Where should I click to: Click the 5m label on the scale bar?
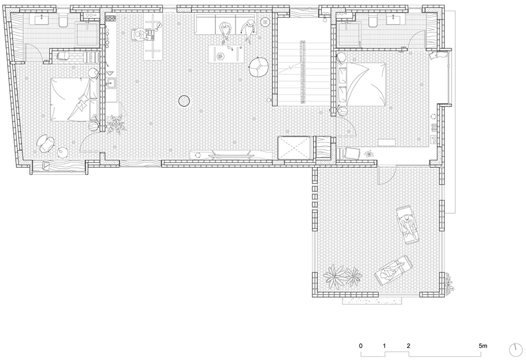[483, 346]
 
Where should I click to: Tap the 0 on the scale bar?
[361, 346]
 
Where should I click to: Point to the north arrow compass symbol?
[516, 350]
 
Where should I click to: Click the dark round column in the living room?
[184, 100]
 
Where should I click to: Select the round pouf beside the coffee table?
[258, 67]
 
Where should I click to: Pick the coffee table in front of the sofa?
[225, 54]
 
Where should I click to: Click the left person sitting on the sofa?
[225, 31]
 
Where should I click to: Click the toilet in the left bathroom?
[62, 22]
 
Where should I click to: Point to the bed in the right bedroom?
[362, 84]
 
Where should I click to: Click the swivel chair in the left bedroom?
[47, 142]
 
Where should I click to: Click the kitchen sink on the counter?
[111, 83]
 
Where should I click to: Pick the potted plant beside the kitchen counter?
[116, 124]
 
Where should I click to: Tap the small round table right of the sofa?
[266, 22]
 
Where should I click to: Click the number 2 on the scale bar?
[408, 346]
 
